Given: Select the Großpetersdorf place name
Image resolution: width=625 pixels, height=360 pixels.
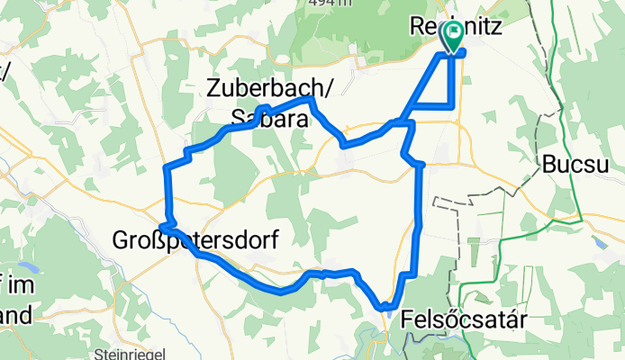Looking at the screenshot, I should [195, 239].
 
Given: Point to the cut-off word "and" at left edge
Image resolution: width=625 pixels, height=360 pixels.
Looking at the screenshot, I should [15, 314].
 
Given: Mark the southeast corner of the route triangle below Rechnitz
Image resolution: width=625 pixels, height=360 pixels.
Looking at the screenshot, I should [451, 107].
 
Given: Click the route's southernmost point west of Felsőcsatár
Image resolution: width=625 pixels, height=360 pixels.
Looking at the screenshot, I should [385, 307].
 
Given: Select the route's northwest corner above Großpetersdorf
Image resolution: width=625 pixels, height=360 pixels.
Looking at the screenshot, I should [165, 167].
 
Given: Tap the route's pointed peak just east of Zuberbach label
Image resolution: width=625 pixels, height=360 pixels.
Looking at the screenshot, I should [312, 101].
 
